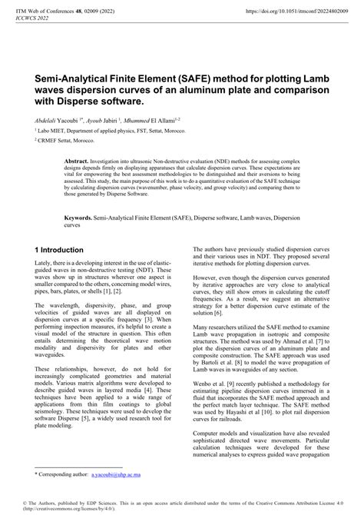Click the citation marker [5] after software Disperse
[76, 433]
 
